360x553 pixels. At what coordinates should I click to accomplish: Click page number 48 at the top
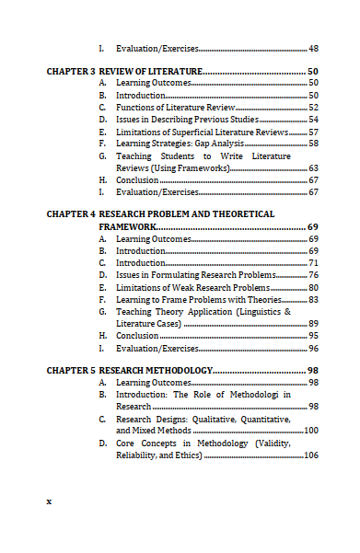[313, 48]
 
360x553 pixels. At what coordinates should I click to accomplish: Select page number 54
[313, 120]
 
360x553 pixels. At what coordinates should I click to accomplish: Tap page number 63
[313, 168]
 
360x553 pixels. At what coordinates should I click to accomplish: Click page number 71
[313, 263]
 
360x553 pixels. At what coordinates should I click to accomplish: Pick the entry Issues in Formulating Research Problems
[195, 275]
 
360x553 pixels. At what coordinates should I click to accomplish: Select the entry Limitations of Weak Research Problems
[192, 287]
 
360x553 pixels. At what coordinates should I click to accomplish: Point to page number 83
[313, 300]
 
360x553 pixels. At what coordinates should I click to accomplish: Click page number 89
[313, 324]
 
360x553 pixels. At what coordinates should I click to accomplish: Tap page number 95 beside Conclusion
[313, 336]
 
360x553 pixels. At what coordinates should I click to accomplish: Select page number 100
[311, 431]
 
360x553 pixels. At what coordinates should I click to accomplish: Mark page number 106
[311, 455]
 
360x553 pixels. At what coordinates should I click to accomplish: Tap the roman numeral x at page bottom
[49, 501]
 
